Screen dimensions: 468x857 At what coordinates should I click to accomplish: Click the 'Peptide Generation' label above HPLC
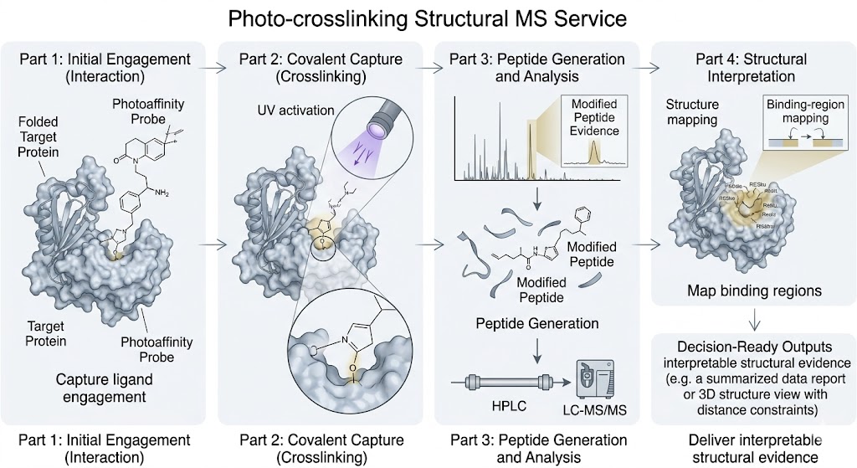click(537, 323)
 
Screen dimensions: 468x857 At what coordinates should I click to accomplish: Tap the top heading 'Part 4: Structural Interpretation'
click(751, 68)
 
